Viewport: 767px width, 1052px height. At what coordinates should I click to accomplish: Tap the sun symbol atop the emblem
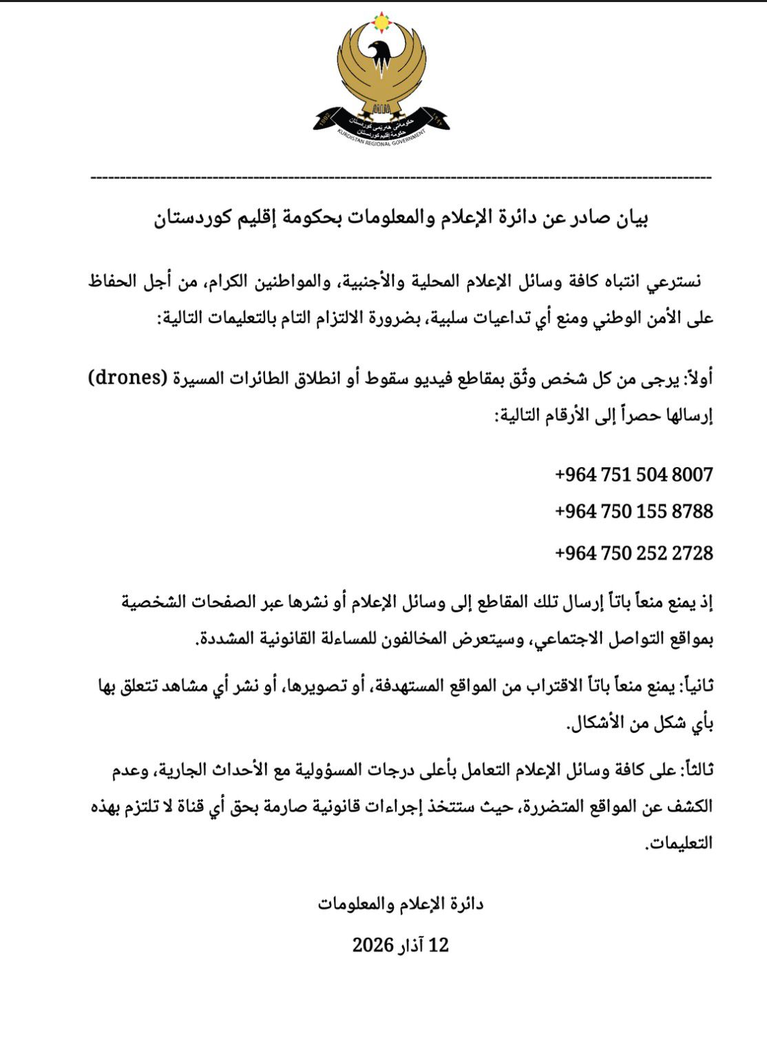[x=381, y=22]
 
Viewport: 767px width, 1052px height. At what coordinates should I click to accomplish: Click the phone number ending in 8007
[x=633, y=475]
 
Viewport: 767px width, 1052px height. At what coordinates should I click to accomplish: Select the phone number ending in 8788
[x=633, y=512]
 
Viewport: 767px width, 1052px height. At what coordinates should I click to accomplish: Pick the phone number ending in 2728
[x=633, y=553]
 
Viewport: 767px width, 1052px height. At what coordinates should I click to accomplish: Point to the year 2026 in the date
[x=372, y=945]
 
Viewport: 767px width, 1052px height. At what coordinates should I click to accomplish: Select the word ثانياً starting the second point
[x=697, y=685]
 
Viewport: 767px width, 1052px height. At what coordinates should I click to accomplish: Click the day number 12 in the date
[x=439, y=945]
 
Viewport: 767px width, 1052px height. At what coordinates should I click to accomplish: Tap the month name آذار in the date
[x=409, y=945]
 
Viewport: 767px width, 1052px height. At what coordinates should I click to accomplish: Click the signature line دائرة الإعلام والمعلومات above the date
[x=400, y=904]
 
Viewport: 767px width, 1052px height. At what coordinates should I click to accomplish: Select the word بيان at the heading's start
[x=630, y=219]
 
